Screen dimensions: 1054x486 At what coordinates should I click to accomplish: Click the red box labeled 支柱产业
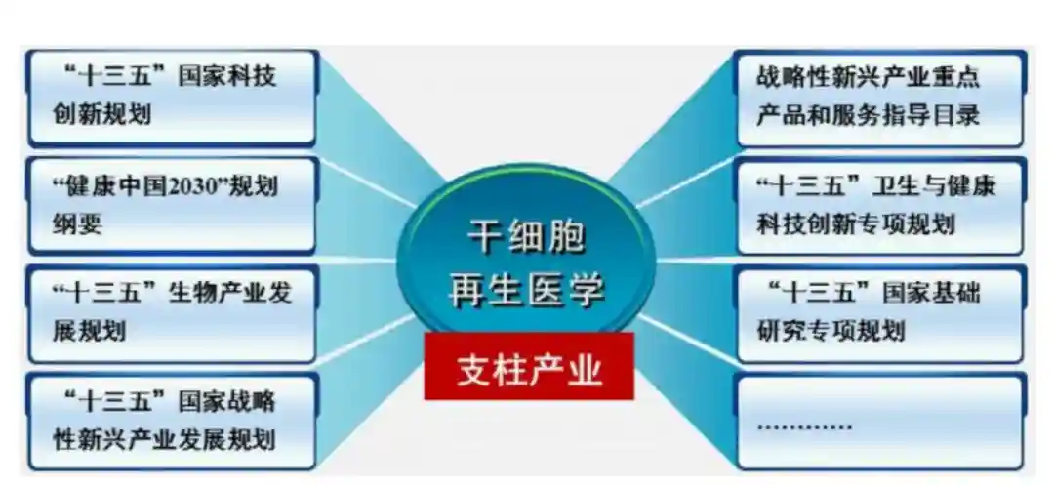coord(528,366)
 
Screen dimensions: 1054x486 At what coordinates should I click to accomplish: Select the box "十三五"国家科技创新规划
coord(172,98)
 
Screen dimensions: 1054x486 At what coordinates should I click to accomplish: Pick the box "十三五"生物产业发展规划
coord(172,314)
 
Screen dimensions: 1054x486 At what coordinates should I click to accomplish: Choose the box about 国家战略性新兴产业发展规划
coord(172,422)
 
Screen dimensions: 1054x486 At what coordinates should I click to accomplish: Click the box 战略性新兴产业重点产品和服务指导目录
coord(880,98)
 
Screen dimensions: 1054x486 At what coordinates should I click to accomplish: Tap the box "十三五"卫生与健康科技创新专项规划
coord(880,206)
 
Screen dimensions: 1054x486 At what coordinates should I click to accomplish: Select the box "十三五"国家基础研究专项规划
coord(880,314)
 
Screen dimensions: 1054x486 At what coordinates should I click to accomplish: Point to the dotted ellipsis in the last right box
coord(804,427)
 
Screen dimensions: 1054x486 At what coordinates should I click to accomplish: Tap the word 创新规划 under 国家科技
coord(102,115)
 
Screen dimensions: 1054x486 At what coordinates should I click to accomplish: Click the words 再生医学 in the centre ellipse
coord(526,292)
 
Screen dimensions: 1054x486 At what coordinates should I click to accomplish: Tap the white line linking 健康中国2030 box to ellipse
coord(366,182)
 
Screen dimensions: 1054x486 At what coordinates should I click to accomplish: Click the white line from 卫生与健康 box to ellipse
coord(686,182)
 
